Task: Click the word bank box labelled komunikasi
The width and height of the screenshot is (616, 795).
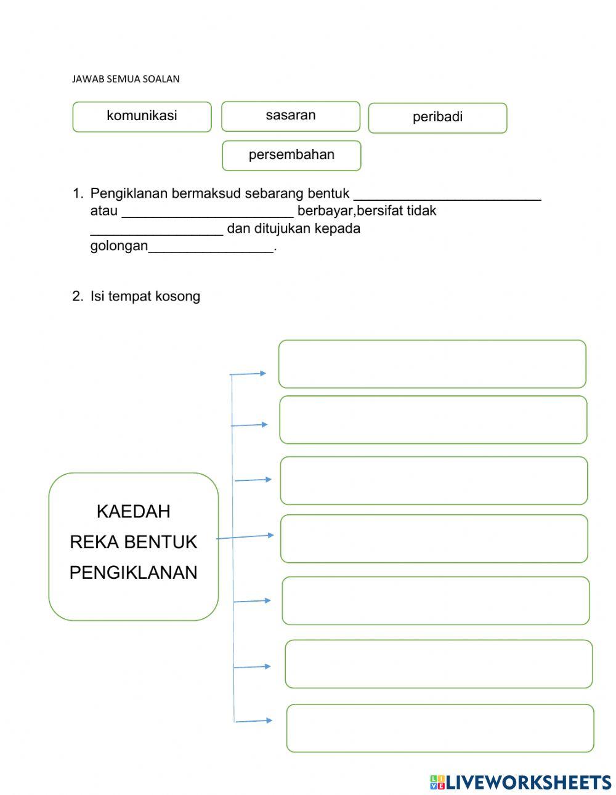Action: (142, 116)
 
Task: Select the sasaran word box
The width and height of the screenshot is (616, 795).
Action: (291, 116)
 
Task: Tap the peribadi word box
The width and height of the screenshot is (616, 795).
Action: (437, 118)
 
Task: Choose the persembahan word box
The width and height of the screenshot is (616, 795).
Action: (291, 155)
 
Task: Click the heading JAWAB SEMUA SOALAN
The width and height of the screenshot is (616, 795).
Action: (126, 79)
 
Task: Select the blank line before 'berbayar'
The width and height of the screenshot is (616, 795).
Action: (208, 214)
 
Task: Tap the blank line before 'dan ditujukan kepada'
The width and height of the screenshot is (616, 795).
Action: (156, 232)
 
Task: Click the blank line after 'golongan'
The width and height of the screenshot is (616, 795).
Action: (211, 249)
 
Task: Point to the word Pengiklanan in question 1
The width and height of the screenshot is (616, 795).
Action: (129, 193)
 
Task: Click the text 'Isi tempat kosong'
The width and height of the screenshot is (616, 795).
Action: (145, 296)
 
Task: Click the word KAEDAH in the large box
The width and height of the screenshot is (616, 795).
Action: (134, 511)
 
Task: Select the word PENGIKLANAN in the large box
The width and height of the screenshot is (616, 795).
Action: (134, 573)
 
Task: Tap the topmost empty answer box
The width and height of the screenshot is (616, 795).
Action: (432, 364)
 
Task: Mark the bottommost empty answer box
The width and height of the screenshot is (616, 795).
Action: (440, 728)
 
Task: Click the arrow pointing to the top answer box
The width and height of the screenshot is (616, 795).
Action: (248, 373)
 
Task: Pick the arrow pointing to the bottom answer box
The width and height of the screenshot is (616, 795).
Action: (253, 720)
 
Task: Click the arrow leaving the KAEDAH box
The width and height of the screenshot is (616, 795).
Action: (245, 536)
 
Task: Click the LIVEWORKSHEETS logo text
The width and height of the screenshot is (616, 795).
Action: (529, 782)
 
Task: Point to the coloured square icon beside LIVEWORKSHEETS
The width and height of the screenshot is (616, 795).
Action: (437, 782)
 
